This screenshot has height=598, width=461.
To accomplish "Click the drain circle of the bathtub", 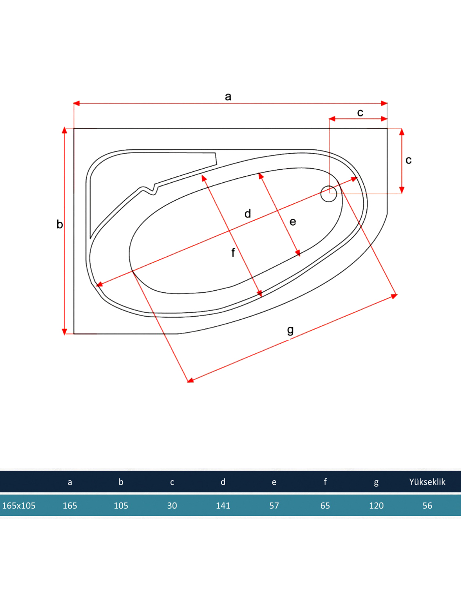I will [329, 194].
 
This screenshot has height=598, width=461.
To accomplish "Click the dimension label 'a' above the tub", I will [228, 96].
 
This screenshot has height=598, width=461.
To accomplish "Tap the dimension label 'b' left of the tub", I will [60, 224].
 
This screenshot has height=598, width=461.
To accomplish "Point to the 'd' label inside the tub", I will [247, 213].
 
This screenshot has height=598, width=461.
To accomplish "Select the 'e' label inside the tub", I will [293, 222].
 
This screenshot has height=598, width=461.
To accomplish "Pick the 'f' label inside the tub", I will [233, 253].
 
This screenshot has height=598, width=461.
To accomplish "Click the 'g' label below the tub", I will [290, 330].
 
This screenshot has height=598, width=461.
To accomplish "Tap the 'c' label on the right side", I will [408, 160].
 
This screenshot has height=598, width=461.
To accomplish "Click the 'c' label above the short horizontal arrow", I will [360, 113].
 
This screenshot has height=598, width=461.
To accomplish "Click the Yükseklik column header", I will [427, 482].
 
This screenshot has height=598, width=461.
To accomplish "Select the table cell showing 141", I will [223, 506].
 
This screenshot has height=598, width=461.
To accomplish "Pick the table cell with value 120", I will [376, 506].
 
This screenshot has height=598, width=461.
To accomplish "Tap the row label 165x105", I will [19, 506].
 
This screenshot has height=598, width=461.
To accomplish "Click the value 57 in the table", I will [274, 506].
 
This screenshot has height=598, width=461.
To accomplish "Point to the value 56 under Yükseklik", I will [427, 506].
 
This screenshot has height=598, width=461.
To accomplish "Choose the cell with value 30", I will [172, 506].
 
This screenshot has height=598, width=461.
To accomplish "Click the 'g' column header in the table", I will [376, 482].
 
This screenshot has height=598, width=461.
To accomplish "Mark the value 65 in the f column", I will [325, 506].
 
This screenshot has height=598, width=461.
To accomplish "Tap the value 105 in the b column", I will [121, 506].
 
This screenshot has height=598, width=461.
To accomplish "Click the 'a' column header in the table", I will [70, 482].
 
